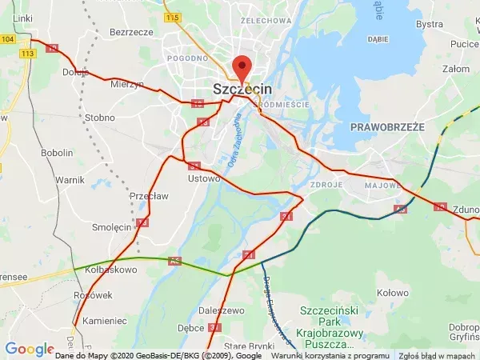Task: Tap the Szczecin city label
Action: [x=242, y=90]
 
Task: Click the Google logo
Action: [x=30, y=349]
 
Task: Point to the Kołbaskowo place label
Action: [x=111, y=270]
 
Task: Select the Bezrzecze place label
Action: [x=132, y=32]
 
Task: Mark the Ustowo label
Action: [x=203, y=178]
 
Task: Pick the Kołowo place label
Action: [x=392, y=293]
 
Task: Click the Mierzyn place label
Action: [x=128, y=84]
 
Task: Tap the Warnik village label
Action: [x=70, y=180]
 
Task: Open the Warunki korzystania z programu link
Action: [x=320, y=355]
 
